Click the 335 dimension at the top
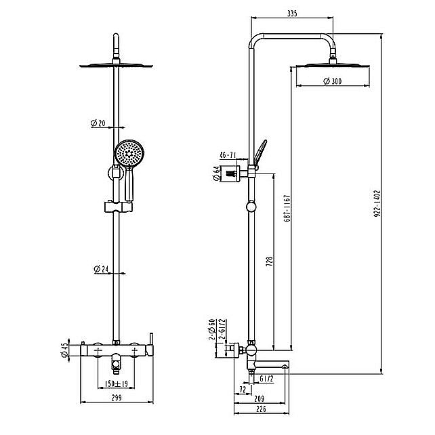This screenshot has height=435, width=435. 292,14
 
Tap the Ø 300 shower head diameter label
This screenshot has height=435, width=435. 333,81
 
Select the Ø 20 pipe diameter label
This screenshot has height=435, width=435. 98,123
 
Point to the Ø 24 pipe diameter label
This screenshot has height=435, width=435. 101,269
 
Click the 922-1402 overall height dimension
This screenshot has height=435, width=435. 377,203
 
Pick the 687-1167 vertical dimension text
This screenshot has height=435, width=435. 287,208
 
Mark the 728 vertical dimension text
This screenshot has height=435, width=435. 269,262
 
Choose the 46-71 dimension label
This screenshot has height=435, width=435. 228,155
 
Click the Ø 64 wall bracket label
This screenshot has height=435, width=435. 217,173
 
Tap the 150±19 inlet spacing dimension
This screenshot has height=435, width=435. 117,384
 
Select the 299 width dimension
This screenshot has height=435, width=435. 117,398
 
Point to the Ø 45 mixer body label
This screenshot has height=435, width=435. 64,350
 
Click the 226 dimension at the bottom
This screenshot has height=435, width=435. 261,409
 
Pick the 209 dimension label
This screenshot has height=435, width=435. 260,398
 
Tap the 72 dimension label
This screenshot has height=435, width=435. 243,390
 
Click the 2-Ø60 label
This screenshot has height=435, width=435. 212,329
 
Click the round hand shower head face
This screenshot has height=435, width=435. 129,153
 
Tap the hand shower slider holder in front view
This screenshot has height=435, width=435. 119,207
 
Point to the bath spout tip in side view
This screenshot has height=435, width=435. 287,367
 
